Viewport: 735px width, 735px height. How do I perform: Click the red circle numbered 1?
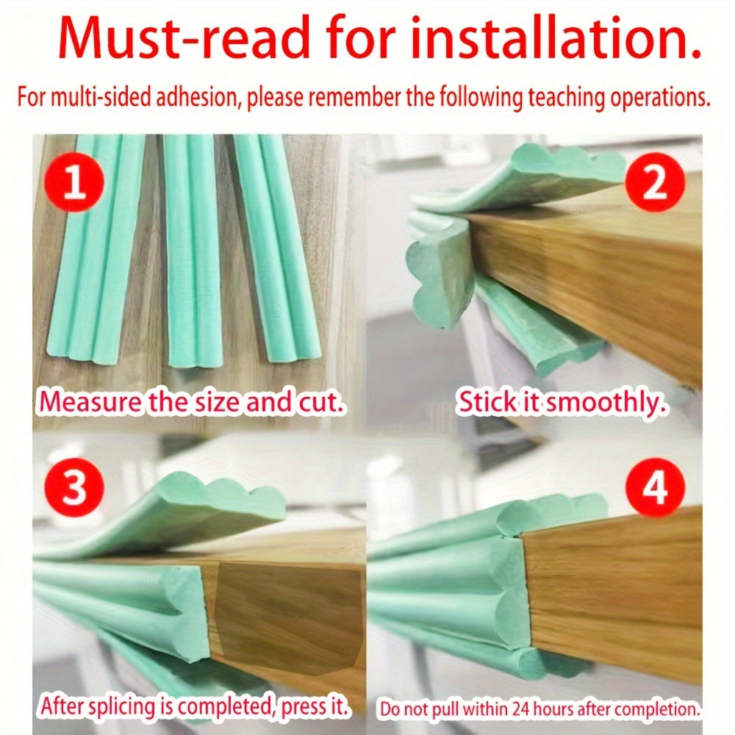73,182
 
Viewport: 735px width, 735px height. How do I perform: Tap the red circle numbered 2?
655,182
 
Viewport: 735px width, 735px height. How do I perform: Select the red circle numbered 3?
73,487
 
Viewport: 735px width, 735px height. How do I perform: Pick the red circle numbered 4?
655,487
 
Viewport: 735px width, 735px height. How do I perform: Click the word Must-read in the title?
184,37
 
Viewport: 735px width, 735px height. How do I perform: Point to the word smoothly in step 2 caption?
605,403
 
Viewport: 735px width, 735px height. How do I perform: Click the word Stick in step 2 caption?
487,402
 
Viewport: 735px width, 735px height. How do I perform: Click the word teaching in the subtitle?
567,98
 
